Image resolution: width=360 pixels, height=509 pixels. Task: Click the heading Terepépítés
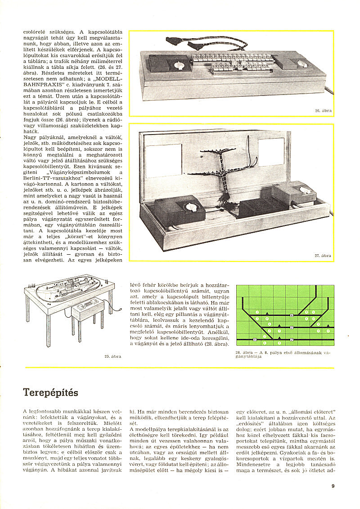[x=50, y=392]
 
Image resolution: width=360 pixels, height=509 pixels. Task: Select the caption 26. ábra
[x=323, y=110]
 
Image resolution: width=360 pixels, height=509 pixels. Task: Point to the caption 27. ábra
[x=323, y=256]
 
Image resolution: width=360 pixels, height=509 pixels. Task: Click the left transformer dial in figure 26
[x=180, y=64]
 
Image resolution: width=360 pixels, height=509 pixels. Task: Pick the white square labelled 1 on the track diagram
[x=255, y=339]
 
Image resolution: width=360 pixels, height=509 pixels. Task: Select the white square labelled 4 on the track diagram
[x=292, y=315]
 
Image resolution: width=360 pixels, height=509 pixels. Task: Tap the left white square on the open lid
[x=163, y=160]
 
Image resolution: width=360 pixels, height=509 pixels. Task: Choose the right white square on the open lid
[x=271, y=152]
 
